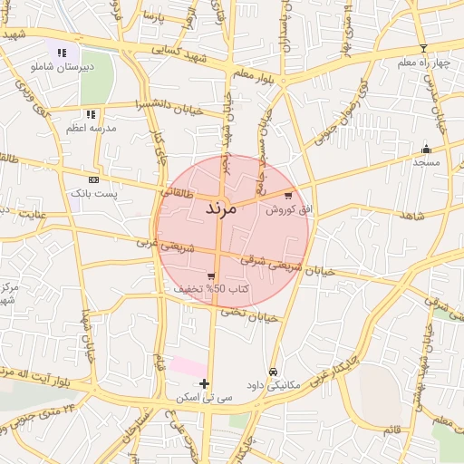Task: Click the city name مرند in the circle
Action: (x=216, y=208)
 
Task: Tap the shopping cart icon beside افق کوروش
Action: (x=288, y=195)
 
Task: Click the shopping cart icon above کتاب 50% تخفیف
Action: (x=211, y=275)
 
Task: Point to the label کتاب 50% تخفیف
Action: (x=212, y=288)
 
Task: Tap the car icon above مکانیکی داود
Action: (x=273, y=372)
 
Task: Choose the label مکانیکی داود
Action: (x=274, y=384)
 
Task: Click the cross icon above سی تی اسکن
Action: (x=205, y=383)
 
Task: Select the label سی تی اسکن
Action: (x=207, y=397)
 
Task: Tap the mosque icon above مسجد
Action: (x=426, y=149)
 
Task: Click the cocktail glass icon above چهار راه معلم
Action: (x=422, y=48)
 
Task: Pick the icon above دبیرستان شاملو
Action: (x=62, y=53)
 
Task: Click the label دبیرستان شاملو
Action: (x=63, y=67)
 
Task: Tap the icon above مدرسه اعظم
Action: (x=91, y=115)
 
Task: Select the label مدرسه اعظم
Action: (x=91, y=129)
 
